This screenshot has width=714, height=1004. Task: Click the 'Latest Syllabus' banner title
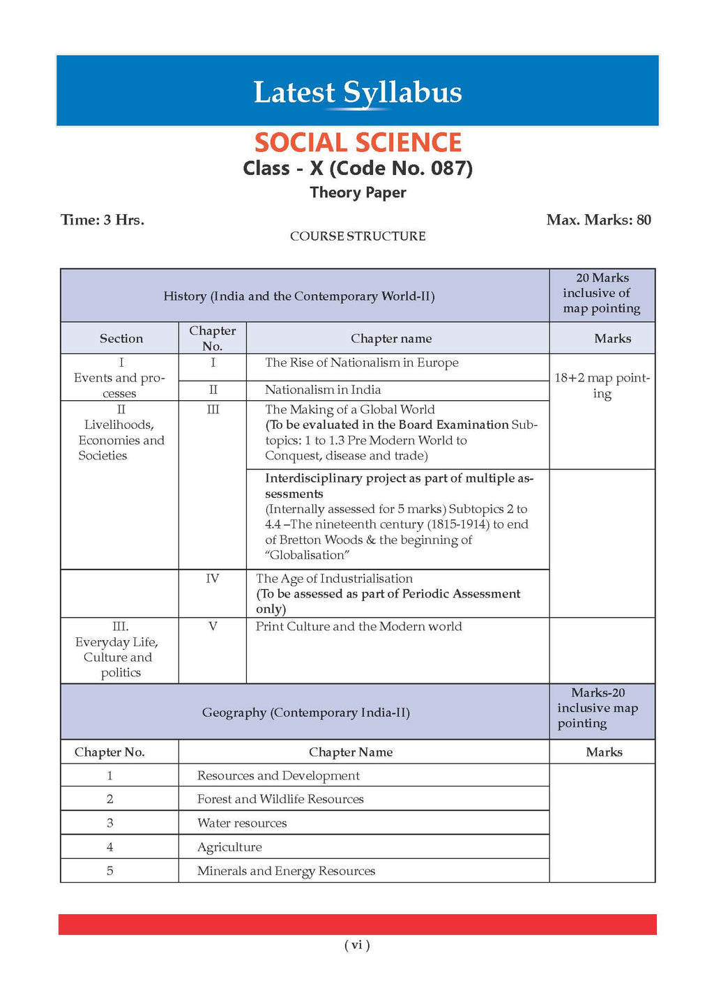(x=357, y=93)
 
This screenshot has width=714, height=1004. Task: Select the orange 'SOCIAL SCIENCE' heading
(x=358, y=143)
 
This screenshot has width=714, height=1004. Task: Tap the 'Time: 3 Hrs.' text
(x=102, y=220)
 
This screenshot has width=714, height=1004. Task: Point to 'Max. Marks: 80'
(x=598, y=220)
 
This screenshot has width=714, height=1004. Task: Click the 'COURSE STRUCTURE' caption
(x=358, y=236)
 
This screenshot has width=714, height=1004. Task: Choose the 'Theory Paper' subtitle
(x=358, y=192)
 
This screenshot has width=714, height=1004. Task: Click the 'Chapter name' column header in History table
(x=391, y=339)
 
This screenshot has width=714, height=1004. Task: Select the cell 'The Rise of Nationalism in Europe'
(x=361, y=363)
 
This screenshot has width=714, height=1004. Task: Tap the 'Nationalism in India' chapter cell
(x=323, y=390)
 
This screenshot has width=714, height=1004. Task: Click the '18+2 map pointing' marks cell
(x=602, y=386)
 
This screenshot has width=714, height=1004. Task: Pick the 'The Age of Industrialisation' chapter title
(x=334, y=579)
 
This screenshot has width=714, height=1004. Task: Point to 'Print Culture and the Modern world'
(x=358, y=626)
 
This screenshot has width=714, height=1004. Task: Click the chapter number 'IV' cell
(x=213, y=579)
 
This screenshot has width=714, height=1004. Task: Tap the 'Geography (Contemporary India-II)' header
(x=305, y=713)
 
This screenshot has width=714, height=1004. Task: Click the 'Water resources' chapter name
(x=242, y=823)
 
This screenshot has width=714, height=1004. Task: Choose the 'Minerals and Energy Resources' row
(x=286, y=871)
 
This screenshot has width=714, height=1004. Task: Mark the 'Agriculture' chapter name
(x=229, y=847)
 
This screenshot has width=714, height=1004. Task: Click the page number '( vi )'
(x=357, y=945)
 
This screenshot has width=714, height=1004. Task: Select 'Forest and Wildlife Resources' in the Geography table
(x=280, y=799)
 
